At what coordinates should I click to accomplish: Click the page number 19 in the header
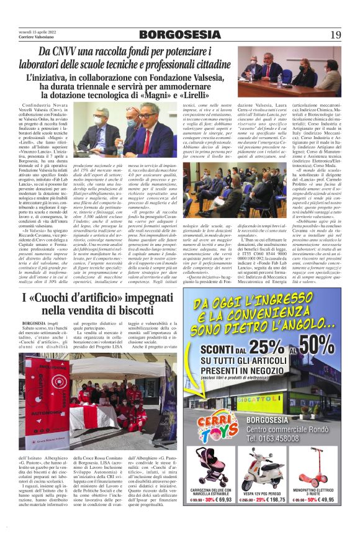click(335, 35)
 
